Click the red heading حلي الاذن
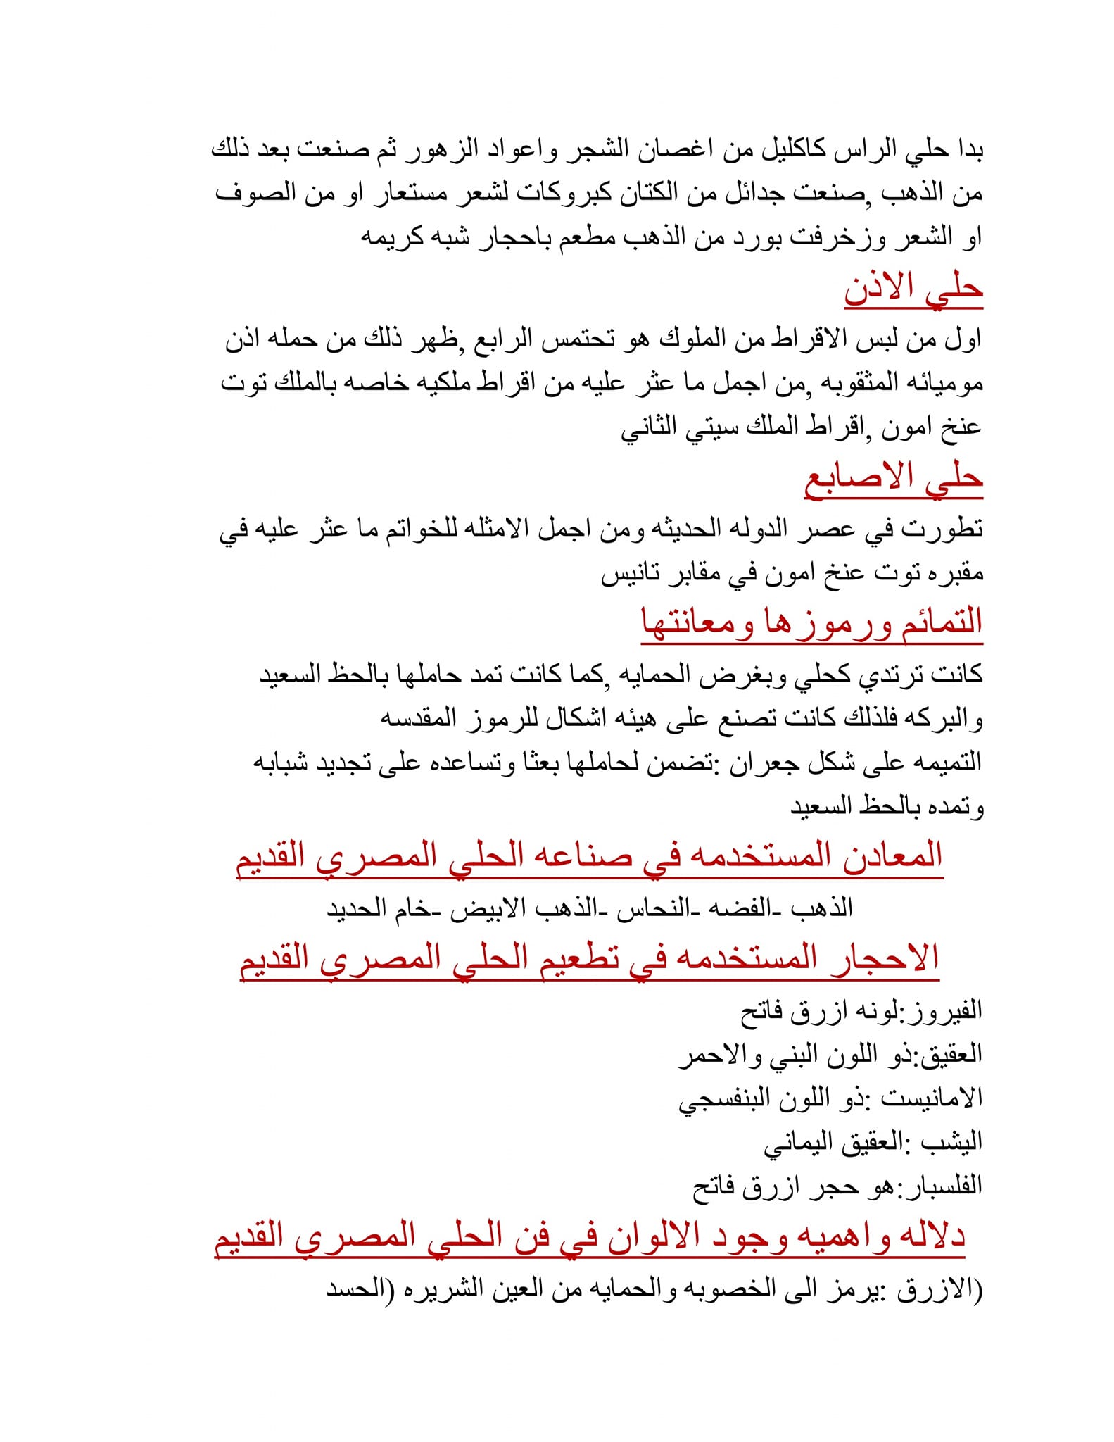[913, 289]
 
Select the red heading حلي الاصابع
[893, 479]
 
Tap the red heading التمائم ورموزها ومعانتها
[811, 623]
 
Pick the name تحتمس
[579, 340]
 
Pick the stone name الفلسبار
[937, 1186]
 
